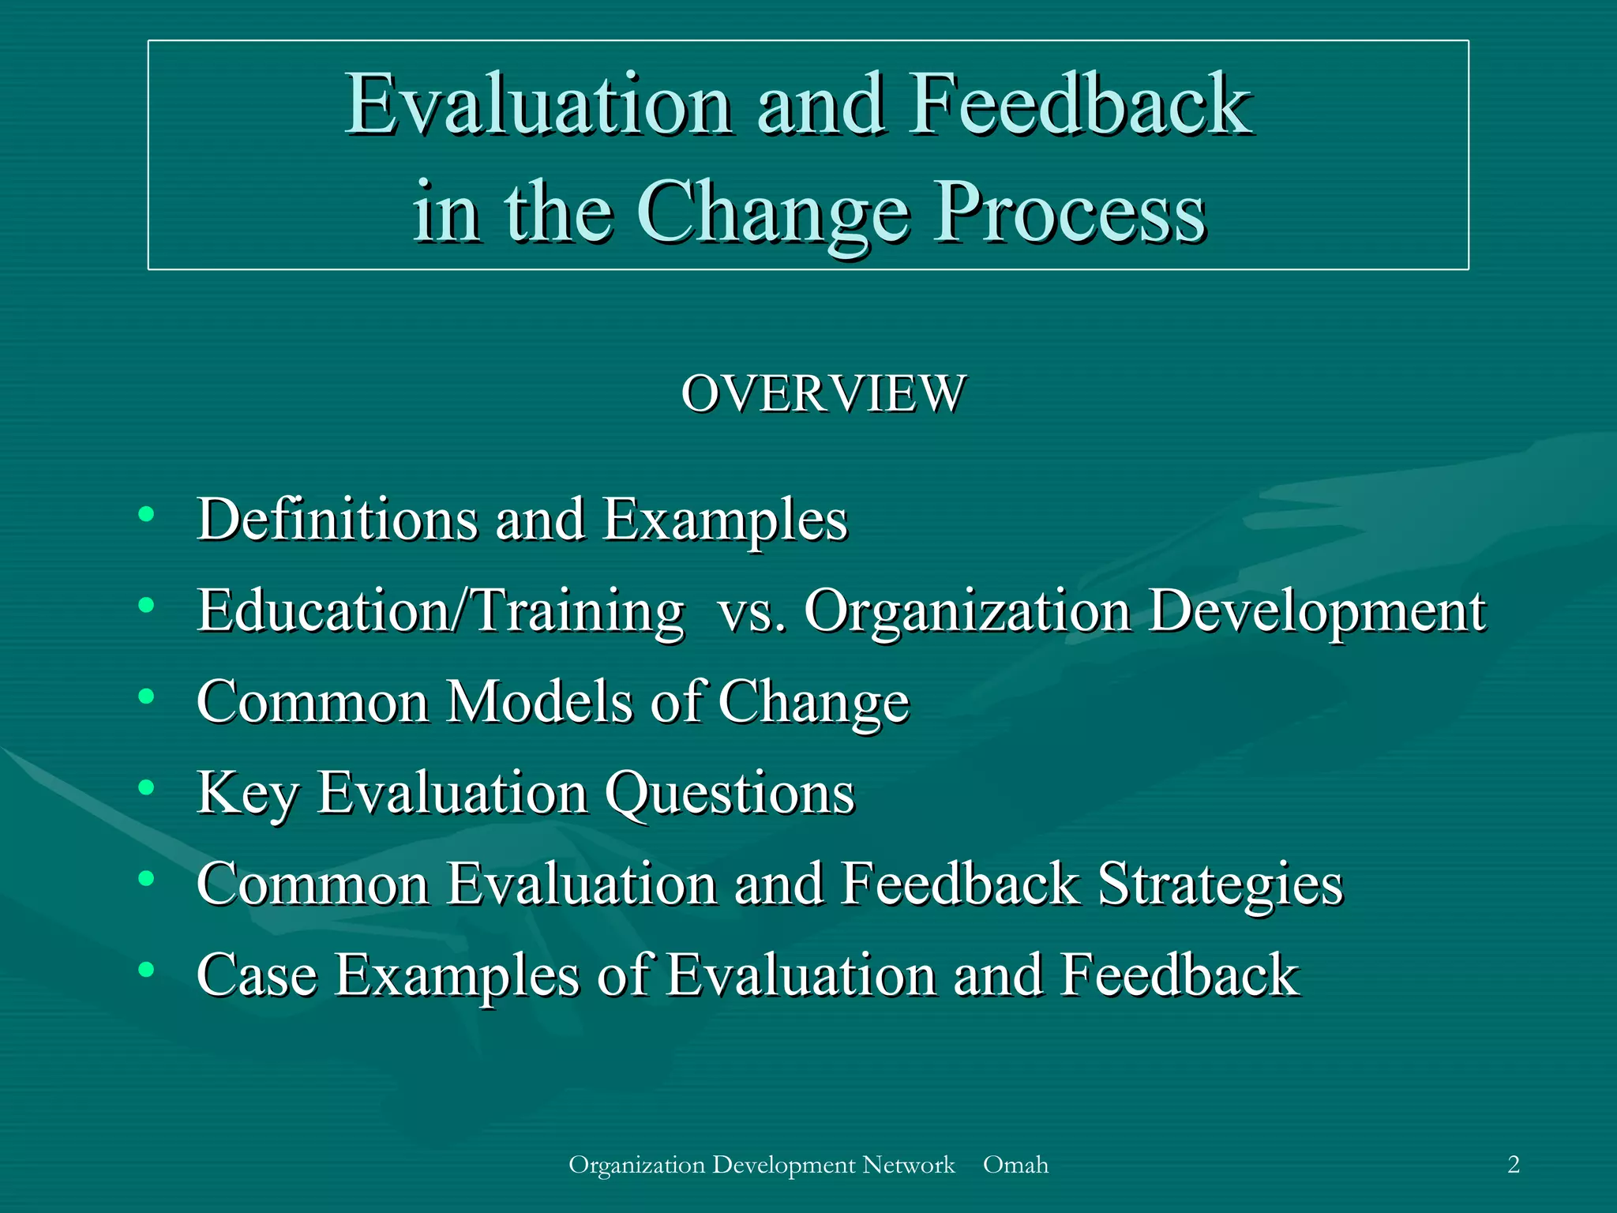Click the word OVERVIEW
pyautogui.click(x=823, y=393)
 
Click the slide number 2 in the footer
pyautogui.click(x=1513, y=1165)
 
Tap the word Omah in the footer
pyautogui.click(x=1015, y=1165)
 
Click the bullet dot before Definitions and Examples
pyautogui.click(x=146, y=515)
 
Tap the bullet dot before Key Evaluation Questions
pyautogui.click(x=146, y=787)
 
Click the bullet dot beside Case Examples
pyautogui.click(x=146, y=969)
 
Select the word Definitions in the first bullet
pyautogui.click(x=336, y=520)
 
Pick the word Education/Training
pyautogui.click(x=441, y=612)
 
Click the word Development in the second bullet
pyautogui.click(x=1316, y=612)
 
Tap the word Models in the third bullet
pyautogui.click(x=539, y=701)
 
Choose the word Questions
pyautogui.click(x=730, y=794)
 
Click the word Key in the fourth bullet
pyautogui.click(x=247, y=794)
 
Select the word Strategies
pyautogui.click(x=1220, y=884)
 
